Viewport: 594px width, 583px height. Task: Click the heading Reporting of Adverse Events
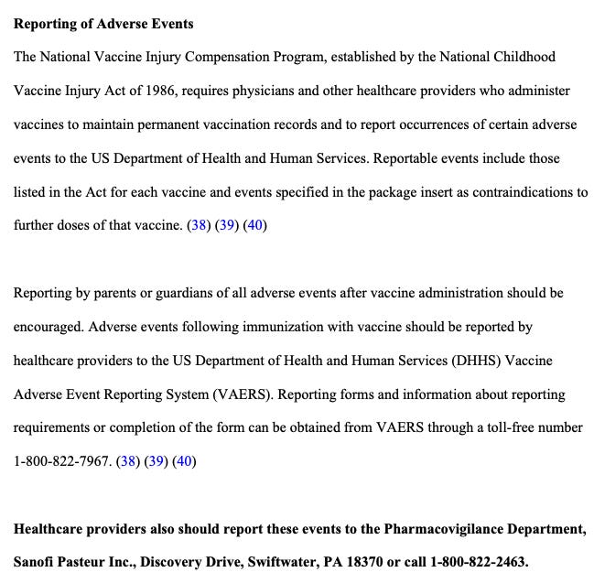click(103, 23)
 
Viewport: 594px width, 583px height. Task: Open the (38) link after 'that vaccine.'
click(199, 225)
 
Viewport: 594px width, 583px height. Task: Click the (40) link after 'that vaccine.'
click(255, 225)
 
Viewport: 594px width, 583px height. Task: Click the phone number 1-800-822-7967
click(61, 461)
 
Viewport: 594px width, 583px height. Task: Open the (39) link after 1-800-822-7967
click(157, 461)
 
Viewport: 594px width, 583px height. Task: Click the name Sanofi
click(35, 563)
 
